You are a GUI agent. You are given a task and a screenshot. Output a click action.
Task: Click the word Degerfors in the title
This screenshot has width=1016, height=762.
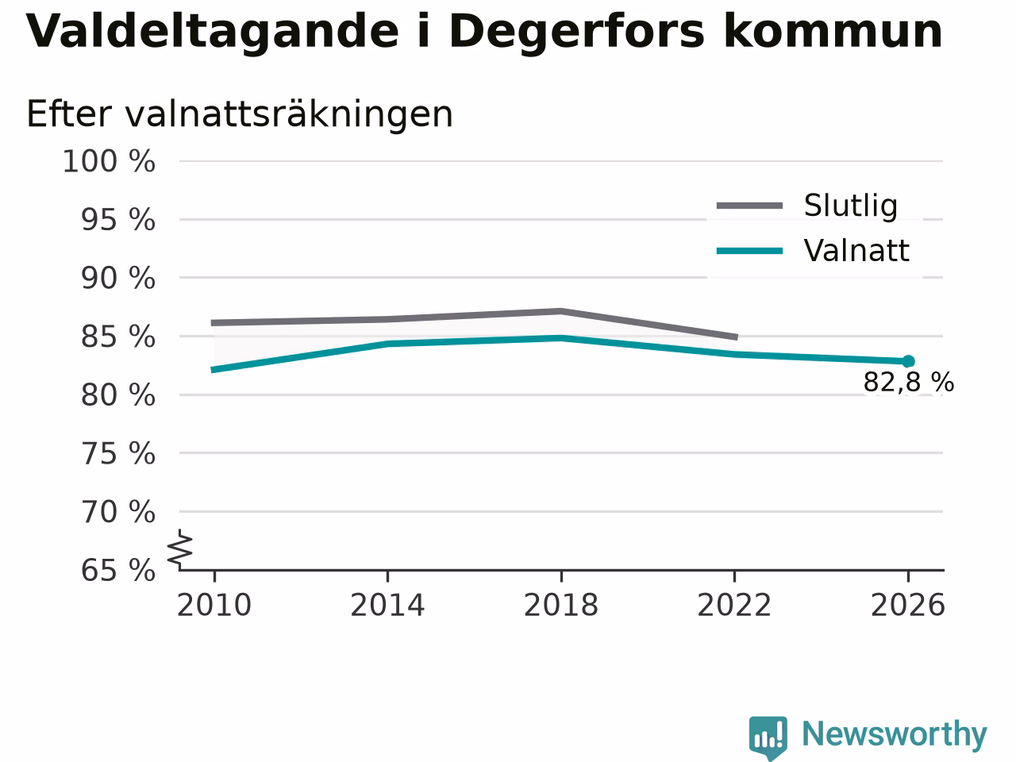click(575, 33)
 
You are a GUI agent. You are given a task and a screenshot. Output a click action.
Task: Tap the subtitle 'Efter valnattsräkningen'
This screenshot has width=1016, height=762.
click(240, 114)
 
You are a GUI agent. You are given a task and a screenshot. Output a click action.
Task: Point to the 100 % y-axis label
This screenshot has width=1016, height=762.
click(109, 162)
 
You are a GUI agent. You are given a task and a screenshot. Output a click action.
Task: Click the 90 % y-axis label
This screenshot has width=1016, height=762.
click(118, 279)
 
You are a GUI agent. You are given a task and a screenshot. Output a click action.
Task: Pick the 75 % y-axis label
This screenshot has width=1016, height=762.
click(118, 453)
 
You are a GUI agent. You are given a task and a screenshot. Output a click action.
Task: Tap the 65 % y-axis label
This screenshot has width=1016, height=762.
click(118, 570)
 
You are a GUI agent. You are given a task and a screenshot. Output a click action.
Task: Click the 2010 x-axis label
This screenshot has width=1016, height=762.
click(214, 605)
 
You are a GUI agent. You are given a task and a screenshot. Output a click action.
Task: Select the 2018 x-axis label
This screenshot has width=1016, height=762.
click(561, 605)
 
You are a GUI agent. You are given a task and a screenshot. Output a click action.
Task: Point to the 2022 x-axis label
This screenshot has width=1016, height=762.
click(734, 605)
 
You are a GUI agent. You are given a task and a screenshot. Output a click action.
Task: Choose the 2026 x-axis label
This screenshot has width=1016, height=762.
click(908, 605)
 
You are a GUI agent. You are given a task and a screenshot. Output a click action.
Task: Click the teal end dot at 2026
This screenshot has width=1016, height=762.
click(908, 361)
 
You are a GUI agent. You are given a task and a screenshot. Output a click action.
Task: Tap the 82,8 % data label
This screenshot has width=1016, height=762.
click(909, 383)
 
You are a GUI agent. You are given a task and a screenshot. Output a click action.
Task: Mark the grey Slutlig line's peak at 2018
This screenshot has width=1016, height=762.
click(561, 311)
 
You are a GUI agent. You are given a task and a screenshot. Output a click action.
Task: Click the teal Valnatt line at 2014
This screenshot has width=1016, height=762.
click(388, 344)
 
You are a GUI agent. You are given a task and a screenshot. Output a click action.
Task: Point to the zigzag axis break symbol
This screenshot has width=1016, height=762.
click(179, 548)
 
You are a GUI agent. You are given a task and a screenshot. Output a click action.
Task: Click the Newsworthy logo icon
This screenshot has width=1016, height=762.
click(768, 737)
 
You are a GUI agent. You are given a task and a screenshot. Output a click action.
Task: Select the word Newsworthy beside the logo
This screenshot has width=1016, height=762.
click(895, 734)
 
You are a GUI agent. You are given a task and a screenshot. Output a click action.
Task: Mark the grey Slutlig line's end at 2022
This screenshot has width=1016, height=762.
click(736, 337)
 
